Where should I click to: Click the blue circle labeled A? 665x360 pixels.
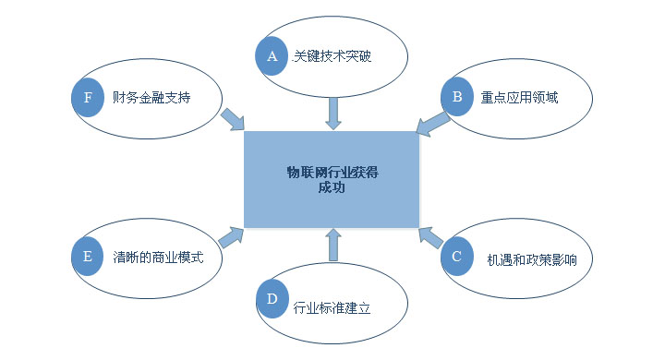(272, 56)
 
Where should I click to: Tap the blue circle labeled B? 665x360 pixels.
(456, 95)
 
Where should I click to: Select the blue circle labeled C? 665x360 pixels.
(456, 257)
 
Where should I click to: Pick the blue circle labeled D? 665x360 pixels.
(272, 300)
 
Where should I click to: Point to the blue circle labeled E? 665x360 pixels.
(88, 257)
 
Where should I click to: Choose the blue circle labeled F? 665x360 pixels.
(88, 96)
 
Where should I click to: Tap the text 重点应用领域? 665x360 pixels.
(519, 96)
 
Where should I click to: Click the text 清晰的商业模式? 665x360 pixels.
(157, 257)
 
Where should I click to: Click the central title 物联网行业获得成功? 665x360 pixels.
(331, 179)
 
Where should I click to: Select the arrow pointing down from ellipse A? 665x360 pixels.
(332, 112)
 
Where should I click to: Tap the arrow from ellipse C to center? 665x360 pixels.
(429, 238)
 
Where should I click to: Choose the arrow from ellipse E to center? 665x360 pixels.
(231, 236)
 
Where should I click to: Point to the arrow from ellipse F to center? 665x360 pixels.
(232, 119)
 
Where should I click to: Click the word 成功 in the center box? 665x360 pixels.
(331, 187)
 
